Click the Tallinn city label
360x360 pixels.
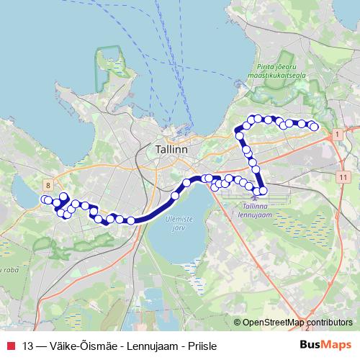[x=171, y=149]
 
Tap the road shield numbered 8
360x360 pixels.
[x=47, y=184]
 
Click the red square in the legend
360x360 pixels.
[x=10, y=345]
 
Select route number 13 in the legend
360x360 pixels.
[x=29, y=345]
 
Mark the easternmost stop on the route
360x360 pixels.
[x=314, y=127]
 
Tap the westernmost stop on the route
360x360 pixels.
[x=45, y=199]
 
